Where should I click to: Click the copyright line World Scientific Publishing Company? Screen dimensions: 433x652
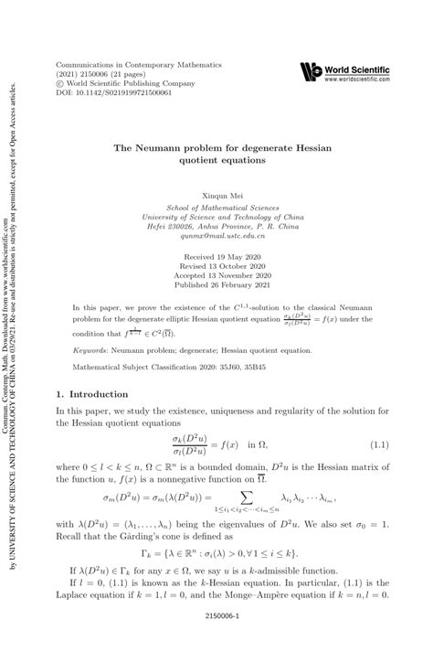125,85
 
